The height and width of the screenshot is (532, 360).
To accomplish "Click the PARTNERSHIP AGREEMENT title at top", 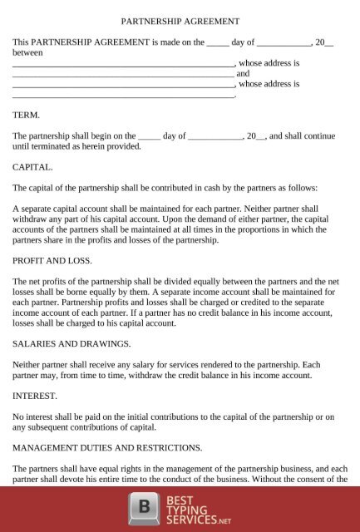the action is click(180, 20).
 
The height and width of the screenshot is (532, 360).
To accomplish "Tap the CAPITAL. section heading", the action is click(32, 166).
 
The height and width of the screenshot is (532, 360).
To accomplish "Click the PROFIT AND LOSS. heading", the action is click(52, 260).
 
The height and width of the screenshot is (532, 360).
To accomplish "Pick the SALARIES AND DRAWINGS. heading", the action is click(72, 342).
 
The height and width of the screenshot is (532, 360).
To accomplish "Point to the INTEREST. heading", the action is click(35, 395).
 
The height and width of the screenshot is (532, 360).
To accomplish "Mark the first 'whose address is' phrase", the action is click(269, 62).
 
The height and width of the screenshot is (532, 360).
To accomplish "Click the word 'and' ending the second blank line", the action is click(244, 73).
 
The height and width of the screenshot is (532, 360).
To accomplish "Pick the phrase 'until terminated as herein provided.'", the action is click(77, 145).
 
